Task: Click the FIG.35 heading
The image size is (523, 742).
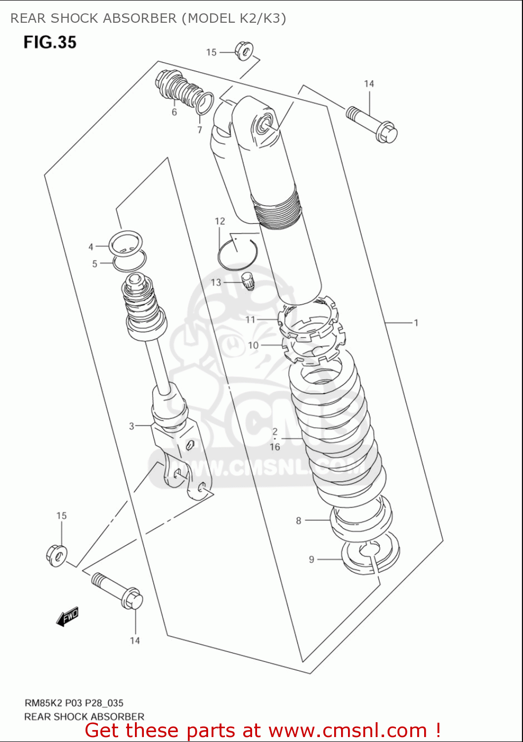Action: (x=50, y=42)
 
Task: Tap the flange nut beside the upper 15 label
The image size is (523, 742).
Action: (x=244, y=50)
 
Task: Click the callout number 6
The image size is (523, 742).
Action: (x=174, y=112)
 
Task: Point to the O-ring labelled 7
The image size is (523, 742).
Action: (x=205, y=103)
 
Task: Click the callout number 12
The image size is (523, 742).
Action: (x=220, y=221)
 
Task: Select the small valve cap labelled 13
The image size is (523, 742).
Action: (x=247, y=281)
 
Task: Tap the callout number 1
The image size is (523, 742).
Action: (x=416, y=323)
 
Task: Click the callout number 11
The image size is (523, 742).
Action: (x=250, y=320)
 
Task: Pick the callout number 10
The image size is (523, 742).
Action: (x=253, y=345)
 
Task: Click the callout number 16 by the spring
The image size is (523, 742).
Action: (x=275, y=447)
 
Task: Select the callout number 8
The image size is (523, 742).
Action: (x=299, y=520)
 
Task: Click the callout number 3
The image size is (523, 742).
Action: (x=131, y=426)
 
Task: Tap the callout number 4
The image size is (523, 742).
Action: (x=91, y=247)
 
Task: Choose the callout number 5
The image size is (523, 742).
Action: (x=94, y=264)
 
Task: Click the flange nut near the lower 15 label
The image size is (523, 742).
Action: (x=57, y=555)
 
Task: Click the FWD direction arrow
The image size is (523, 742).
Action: (x=67, y=617)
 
